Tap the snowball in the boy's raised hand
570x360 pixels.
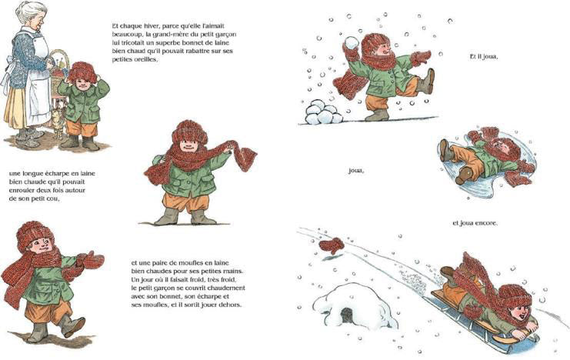[x=352, y=42]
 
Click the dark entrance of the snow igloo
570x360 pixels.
[x=347, y=315]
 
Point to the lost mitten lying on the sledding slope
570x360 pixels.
[x=332, y=245]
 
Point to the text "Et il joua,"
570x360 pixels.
[x=484, y=57]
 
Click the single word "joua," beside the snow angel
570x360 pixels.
[x=356, y=171]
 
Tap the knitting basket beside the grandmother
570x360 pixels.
[x=58, y=65]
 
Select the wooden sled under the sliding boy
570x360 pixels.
[x=484, y=324]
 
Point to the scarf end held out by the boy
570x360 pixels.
[x=245, y=158]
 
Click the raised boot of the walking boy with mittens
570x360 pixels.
[x=72, y=326]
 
